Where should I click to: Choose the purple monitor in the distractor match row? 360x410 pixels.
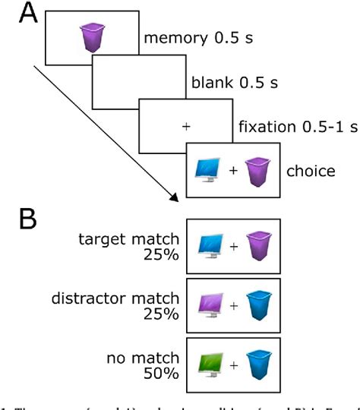coord(208,307)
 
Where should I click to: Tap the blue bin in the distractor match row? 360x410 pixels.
coord(257,307)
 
